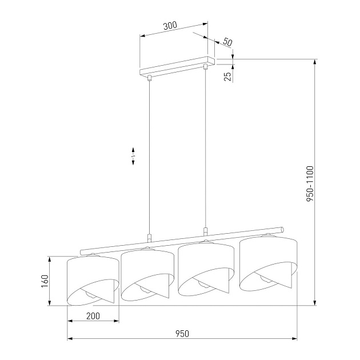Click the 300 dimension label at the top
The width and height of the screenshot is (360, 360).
(x=170, y=25)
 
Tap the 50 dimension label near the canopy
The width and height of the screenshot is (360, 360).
(x=227, y=42)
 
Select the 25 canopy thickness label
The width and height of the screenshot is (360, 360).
(x=227, y=75)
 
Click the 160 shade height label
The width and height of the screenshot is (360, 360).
(x=45, y=281)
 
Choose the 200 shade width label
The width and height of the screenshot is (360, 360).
(x=93, y=316)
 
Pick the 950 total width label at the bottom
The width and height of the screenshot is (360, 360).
(x=182, y=333)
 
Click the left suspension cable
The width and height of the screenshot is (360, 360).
(x=149, y=154)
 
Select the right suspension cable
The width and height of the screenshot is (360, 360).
(x=205, y=149)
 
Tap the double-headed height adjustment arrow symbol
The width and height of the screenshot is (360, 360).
(x=133, y=157)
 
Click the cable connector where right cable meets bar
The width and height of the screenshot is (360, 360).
(x=205, y=232)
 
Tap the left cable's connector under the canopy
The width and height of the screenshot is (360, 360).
(x=149, y=78)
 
